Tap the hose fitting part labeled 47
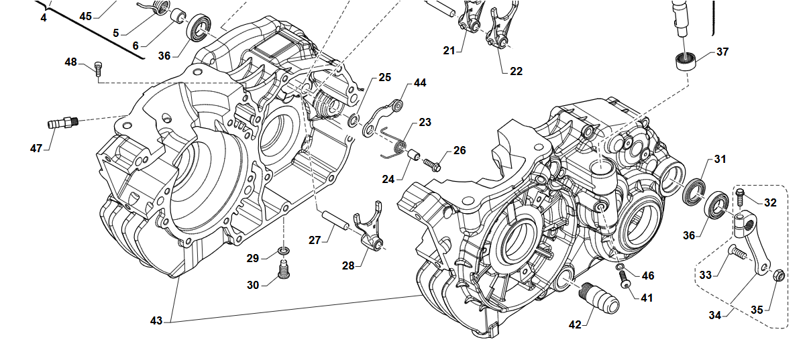(x=62, y=123)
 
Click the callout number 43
(x=156, y=321)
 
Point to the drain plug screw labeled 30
(x=283, y=271)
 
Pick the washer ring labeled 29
(x=283, y=251)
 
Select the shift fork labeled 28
(x=370, y=231)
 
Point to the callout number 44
(x=420, y=83)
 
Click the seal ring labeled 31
(x=694, y=190)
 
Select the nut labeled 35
(x=779, y=275)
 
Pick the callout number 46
(x=647, y=276)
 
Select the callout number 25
(x=384, y=78)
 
